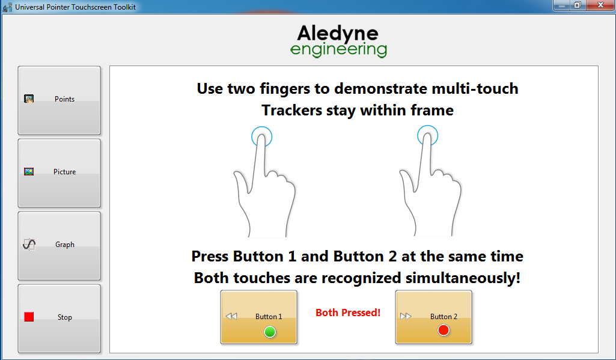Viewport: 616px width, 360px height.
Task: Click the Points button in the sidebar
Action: click(x=59, y=100)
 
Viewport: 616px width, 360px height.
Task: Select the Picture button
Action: click(x=59, y=173)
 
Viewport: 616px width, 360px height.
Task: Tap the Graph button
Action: click(x=59, y=246)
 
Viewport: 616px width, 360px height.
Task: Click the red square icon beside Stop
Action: click(x=29, y=317)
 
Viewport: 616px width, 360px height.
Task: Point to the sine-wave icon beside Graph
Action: click(x=29, y=245)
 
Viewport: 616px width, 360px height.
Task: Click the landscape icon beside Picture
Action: click(x=29, y=172)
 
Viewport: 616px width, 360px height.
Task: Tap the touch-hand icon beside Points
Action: click(x=29, y=99)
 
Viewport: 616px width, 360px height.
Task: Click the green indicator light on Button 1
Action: click(x=270, y=332)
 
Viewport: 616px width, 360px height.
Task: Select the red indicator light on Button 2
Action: click(x=444, y=330)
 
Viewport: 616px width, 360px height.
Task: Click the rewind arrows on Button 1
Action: click(x=231, y=316)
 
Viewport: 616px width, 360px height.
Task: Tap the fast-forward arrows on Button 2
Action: click(x=406, y=316)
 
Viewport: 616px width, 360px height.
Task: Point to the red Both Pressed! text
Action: click(x=348, y=313)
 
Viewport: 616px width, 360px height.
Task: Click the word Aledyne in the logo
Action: click(x=338, y=34)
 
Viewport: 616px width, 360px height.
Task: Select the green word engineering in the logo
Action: click(x=338, y=50)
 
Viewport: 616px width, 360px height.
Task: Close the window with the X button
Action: click(x=601, y=5)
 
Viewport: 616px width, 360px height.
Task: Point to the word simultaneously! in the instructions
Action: click(x=463, y=278)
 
